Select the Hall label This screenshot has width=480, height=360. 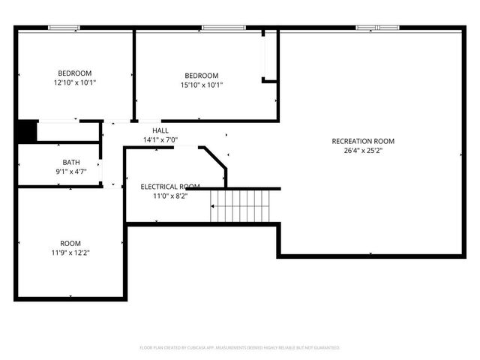160,130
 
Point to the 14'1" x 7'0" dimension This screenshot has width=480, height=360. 160,139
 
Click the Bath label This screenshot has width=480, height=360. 71,162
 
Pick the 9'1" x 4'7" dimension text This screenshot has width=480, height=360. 71,171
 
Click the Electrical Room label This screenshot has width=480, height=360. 170,187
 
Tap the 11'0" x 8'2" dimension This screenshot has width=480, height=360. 170,196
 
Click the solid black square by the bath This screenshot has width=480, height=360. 27,130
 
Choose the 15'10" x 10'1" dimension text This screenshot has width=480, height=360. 202,85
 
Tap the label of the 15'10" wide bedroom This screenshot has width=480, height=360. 202,76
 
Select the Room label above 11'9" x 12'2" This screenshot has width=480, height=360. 71,244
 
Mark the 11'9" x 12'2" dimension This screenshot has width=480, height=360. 71,253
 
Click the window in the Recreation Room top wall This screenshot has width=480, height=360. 378,28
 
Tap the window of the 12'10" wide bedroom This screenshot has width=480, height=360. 64,28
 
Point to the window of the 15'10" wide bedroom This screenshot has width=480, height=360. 223,28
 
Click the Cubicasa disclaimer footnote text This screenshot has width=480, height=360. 240,348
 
